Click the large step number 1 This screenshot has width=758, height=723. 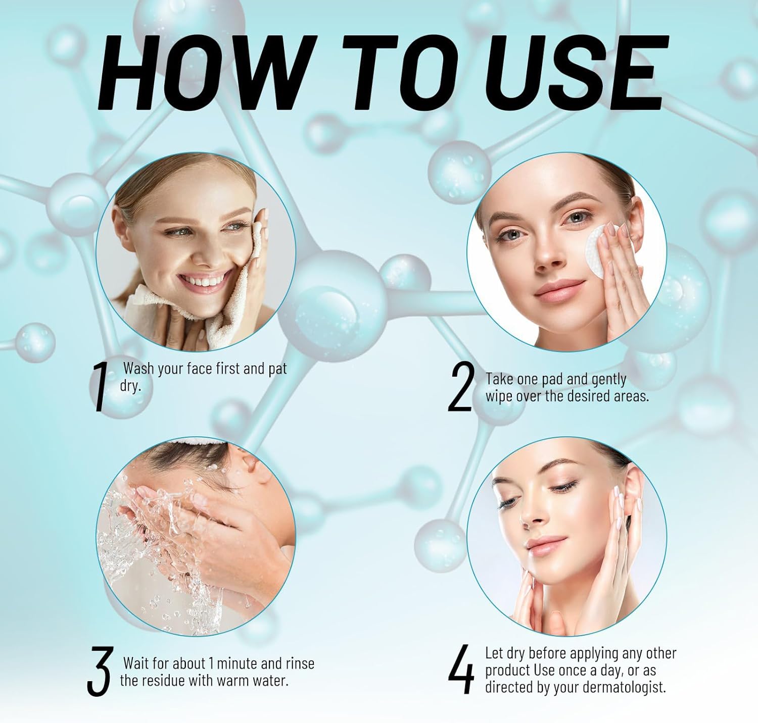pos(100,387)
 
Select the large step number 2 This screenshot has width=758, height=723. pos(461,386)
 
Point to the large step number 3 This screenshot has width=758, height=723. pos(99,670)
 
